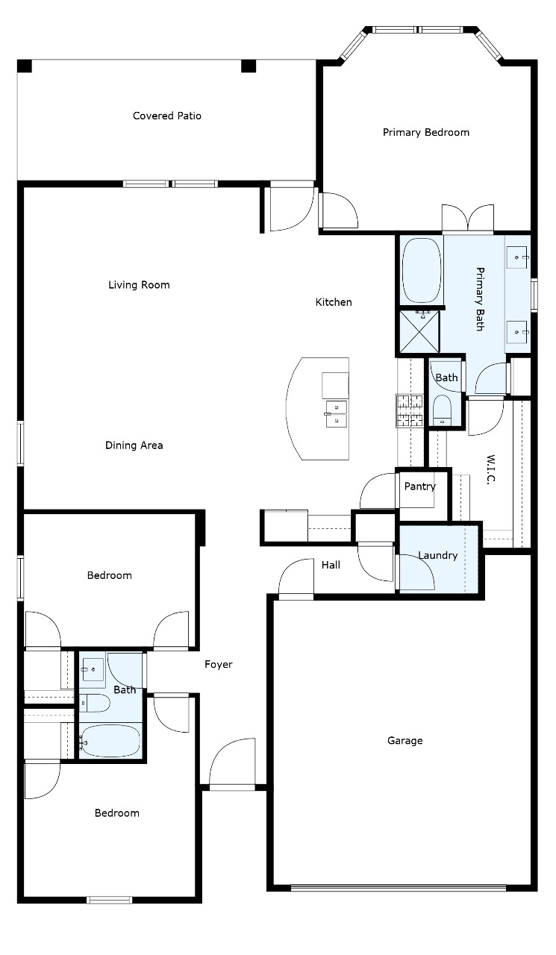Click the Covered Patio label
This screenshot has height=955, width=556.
point(167,116)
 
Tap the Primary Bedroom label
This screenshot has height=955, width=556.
point(426,132)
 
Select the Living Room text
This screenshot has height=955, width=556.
point(139,285)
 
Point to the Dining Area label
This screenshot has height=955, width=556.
point(134,445)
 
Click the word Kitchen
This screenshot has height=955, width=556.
point(334,302)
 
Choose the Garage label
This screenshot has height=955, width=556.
point(405,741)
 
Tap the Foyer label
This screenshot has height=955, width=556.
point(219,664)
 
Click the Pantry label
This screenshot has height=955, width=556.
point(420,486)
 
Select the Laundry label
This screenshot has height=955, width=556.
point(438,555)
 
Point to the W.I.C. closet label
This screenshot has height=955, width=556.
point(490,469)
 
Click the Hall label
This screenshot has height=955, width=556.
point(331,565)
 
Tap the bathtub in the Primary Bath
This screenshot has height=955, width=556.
point(421,270)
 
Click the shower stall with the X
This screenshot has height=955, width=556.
point(419,332)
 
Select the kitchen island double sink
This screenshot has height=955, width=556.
point(337,414)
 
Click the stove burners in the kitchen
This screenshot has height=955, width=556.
point(410,410)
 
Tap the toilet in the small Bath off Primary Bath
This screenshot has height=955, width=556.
point(442,410)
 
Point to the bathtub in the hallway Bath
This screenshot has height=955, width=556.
point(110,742)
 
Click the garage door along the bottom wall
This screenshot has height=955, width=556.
point(399,888)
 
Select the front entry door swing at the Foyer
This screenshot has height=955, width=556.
point(232,763)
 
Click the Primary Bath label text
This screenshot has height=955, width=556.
point(480,299)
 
